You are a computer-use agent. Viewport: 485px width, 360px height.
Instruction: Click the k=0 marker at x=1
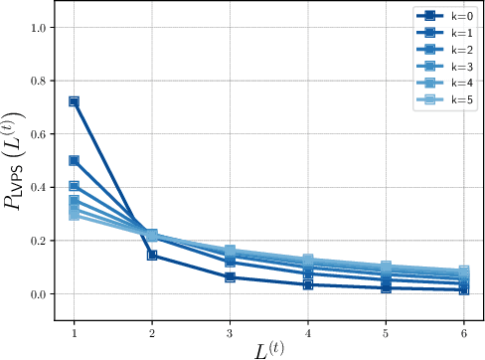[x=74, y=101]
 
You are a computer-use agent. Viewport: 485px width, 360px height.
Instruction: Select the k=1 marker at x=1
[x=74, y=160]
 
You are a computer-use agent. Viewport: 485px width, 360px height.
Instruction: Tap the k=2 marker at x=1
[x=74, y=186]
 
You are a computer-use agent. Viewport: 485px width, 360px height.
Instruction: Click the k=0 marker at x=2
[x=152, y=256]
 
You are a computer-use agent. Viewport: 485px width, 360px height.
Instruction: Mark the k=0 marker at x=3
[x=230, y=277]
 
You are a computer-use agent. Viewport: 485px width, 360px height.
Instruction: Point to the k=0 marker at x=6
[x=464, y=289]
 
